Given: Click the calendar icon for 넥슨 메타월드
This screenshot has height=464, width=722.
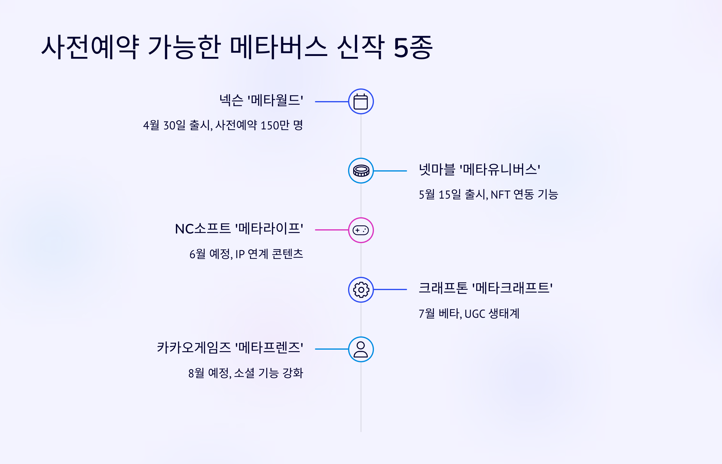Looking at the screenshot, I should [x=361, y=101].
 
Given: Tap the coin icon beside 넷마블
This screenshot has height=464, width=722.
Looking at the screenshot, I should [x=361, y=171].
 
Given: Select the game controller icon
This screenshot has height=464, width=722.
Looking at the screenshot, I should [x=361, y=230].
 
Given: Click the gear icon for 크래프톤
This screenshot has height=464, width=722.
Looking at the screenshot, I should [x=361, y=289].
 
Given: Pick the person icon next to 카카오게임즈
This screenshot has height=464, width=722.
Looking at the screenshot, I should [x=361, y=349].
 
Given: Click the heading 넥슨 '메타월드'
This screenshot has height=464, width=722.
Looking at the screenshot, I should [x=261, y=100].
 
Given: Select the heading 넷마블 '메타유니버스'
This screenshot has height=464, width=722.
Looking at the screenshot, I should [x=479, y=169].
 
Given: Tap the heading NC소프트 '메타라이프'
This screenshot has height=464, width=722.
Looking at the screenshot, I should [x=239, y=228].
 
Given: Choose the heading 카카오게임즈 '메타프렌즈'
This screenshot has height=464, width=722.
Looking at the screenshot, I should [x=230, y=347].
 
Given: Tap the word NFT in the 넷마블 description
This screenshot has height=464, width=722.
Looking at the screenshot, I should [x=500, y=195].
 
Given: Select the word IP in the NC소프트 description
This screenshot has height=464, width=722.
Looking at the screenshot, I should [x=240, y=254].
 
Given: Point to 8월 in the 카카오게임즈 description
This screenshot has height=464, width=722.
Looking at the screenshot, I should [x=196, y=373].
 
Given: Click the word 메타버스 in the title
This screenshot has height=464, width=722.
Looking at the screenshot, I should [x=278, y=47].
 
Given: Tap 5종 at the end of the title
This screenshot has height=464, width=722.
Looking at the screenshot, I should [x=413, y=47].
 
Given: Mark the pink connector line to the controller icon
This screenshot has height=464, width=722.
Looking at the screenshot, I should [x=331, y=230].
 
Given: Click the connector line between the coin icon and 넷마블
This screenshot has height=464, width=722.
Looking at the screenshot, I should [x=390, y=171].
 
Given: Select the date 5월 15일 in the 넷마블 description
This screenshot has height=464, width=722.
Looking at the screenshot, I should [x=440, y=195].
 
